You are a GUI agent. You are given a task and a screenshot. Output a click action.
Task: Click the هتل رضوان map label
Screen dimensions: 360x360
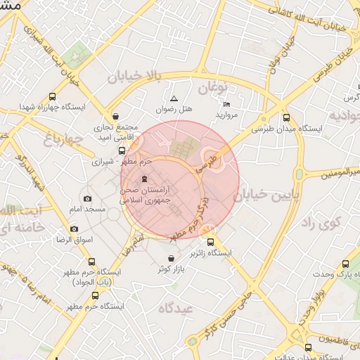click(x=174, y=110)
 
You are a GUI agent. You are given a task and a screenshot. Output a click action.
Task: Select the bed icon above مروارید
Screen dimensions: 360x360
click(x=226, y=104)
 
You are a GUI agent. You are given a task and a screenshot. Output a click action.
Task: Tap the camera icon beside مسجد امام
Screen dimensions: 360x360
click(x=87, y=199)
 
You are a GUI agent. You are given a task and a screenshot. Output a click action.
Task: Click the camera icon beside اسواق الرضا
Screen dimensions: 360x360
click(x=75, y=229)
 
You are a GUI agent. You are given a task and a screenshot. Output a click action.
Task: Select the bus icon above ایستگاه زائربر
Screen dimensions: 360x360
click(x=211, y=242)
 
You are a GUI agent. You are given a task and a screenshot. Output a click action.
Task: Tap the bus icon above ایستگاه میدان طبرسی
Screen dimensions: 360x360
click(x=285, y=117)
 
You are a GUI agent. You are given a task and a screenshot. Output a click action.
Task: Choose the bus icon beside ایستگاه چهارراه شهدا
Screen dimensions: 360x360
click(x=52, y=97)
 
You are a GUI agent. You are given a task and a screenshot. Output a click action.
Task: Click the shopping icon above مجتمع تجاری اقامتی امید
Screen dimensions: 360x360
click(x=115, y=117)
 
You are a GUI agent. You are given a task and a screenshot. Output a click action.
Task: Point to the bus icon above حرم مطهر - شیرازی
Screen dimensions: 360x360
click(x=122, y=150)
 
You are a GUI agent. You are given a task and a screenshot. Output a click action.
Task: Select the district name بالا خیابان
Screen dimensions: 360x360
click(x=135, y=75)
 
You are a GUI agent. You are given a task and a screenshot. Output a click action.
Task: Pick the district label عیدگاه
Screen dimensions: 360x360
click(x=175, y=307)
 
